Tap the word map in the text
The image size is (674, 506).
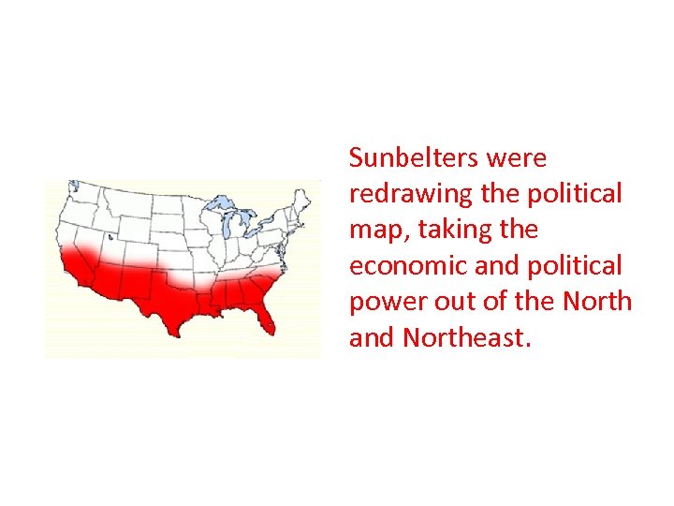pyautogui.click(x=374, y=231)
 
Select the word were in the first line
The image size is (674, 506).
pyautogui.click(x=516, y=157)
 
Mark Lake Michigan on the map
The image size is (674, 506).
pyautogui.click(x=224, y=225)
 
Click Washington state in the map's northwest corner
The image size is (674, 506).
pyautogui.click(x=79, y=193)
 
